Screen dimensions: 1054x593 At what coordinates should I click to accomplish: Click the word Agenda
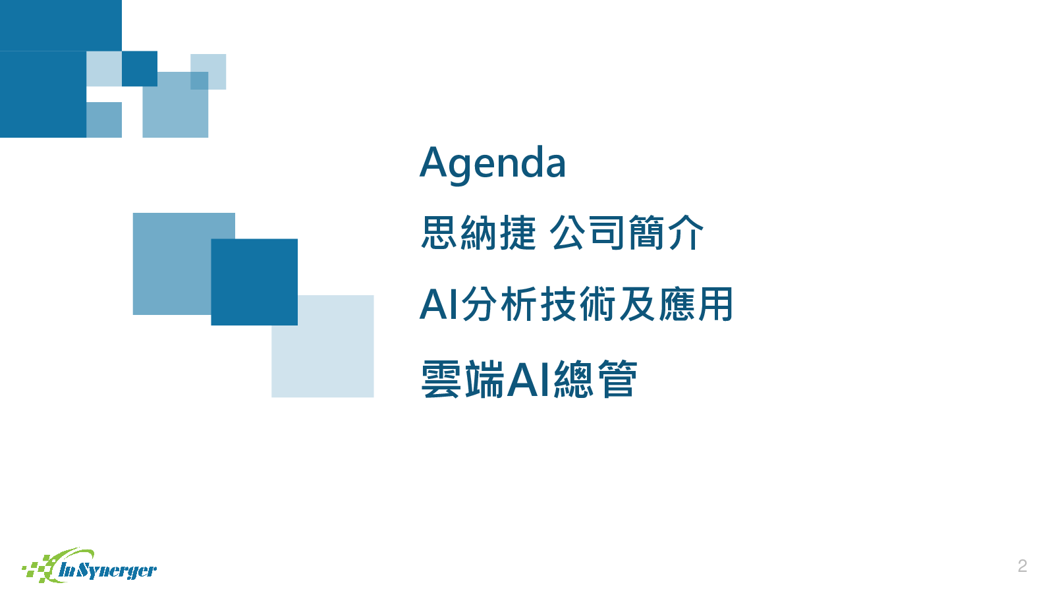pyautogui.click(x=492, y=163)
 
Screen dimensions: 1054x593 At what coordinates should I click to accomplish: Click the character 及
pyautogui.click(x=636, y=304)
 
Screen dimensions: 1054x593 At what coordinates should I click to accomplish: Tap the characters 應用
pyautogui.click(x=696, y=304)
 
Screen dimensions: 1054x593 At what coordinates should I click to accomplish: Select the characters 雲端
pyautogui.click(x=462, y=379)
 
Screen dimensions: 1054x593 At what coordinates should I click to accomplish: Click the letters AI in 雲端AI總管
pyautogui.click(x=529, y=379)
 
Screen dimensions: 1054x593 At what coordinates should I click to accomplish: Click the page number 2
pyautogui.click(x=1022, y=565)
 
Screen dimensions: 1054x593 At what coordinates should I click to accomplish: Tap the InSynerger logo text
pyautogui.click(x=108, y=571)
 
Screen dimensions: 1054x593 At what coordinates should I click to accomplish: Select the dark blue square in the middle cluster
pyautogui.click(x=254, y=282)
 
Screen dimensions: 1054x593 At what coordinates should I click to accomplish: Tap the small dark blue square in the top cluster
pyautogui.click(x=139, y=69)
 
